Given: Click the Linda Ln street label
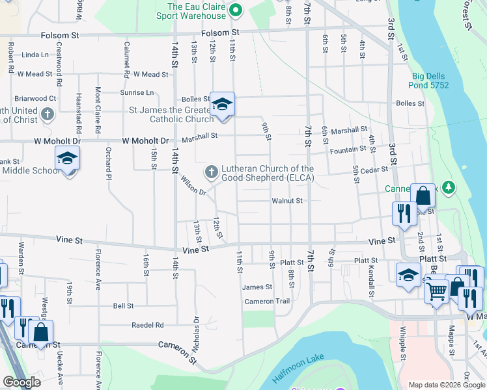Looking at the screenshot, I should coord(35,55).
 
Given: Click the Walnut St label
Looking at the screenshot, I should coord(287,201).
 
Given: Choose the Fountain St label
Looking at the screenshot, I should coord(344,150).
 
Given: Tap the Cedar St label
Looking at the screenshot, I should coord(375,170).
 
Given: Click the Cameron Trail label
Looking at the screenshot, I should coord(266,302).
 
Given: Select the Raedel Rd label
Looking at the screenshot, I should coord(147,325).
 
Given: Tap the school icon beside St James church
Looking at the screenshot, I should coord(222,104).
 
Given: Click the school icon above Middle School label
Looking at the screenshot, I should coord(68,158).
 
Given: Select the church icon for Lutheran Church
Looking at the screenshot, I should coord(211,172).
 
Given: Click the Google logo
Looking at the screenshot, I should coord(21,382).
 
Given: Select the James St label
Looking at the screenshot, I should coord(257,287).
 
